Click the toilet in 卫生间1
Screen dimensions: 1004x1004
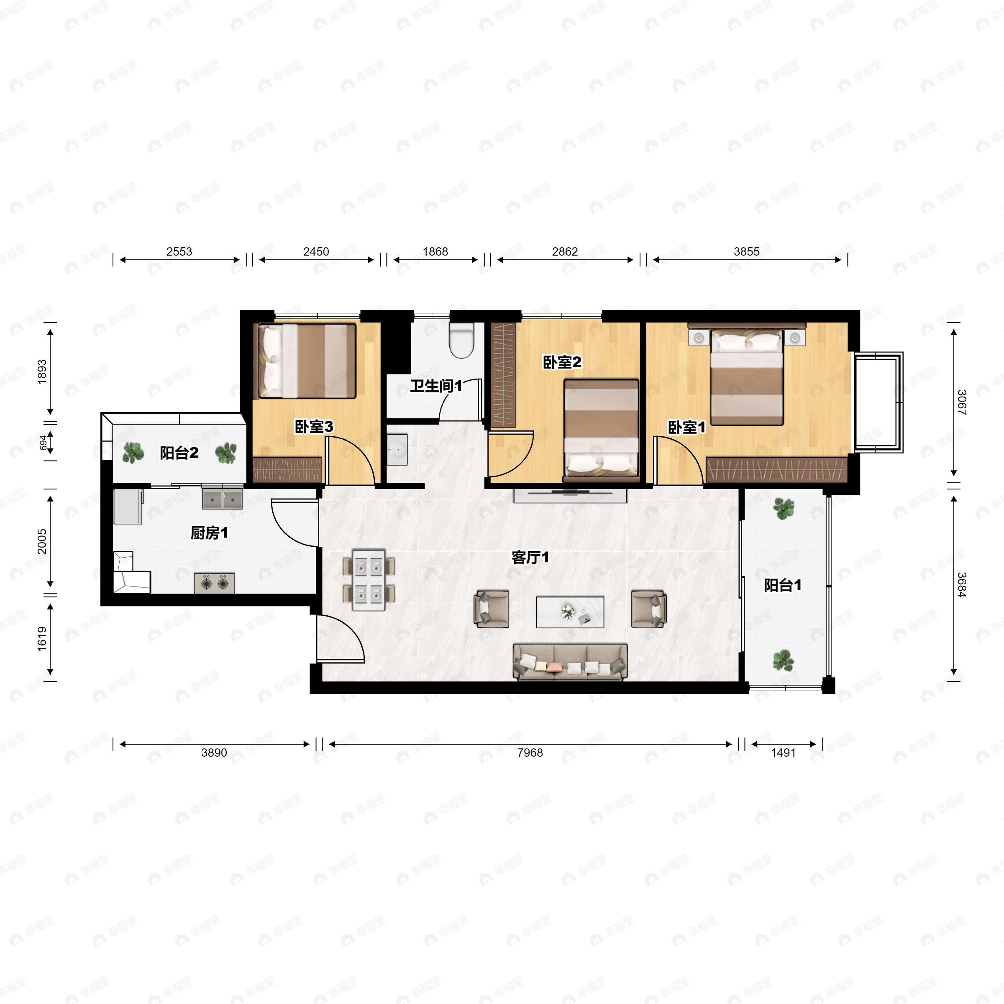tap(461, 341)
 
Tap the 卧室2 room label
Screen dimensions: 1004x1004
tap(562, 362)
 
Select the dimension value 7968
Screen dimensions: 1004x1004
tap(530, 753)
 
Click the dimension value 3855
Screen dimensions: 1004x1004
tap(746, 251)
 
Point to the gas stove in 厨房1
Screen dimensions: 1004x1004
tap(215, 583)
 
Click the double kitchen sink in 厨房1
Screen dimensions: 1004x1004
tap(223, 499)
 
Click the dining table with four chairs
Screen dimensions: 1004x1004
tap(369, 579)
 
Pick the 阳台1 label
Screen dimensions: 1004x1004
tap(782, 586)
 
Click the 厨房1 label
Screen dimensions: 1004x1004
tap(209, 533)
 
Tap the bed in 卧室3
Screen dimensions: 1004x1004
tap(307, 361)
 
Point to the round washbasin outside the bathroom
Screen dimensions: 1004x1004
tap(397, 450)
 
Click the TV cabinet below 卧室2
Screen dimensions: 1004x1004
tap(570, 496)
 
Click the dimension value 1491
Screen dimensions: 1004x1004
tap(783, 753)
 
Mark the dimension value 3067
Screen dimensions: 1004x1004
tap(961, 403)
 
